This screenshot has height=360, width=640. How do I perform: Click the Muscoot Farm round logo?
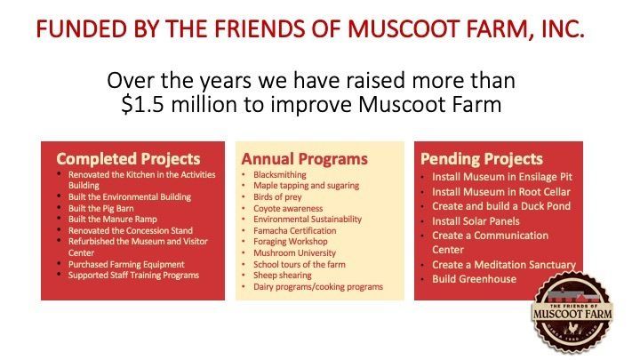(x=572, y=313)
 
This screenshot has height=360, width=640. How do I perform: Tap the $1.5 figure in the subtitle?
(x=143, y=104)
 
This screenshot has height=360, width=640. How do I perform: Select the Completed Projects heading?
(x=128, y=159)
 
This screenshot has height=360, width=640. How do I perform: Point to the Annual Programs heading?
(x=305, y=159)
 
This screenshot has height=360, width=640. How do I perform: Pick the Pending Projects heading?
(x=482, y=159)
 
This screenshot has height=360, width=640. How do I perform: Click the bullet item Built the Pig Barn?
(x=100, y=208)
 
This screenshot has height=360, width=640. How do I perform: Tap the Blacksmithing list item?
(x=280, y=175)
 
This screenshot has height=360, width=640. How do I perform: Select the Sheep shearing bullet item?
(x=282, y=275)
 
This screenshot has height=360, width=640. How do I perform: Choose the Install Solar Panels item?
(x=476, y=221)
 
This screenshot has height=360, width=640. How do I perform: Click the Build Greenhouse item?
(x=474, y=279)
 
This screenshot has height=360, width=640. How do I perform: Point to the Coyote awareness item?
(x=288, y=209)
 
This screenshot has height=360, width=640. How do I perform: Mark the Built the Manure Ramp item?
(x=112, y=220)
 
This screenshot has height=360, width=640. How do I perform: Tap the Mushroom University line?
(x=294, y=253)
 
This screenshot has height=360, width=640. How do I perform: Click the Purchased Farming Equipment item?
(x=126, y=265)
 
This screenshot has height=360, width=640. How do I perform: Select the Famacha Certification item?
(x=295, y=230)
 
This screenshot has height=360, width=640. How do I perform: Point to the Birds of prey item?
(x=277, y=197)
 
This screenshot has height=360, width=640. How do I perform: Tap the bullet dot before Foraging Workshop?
(x=244, y=242)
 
